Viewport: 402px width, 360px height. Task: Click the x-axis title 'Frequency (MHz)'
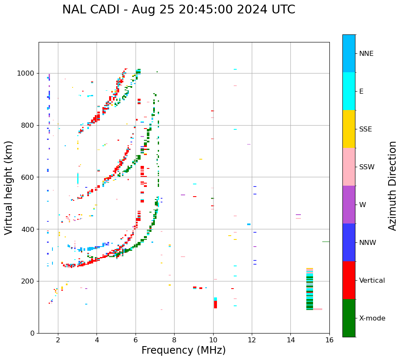(183, 350)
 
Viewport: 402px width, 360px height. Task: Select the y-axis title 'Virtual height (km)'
(9, 188)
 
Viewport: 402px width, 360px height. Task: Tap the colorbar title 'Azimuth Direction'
(392, 186)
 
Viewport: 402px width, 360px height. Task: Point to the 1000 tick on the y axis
(27, 73)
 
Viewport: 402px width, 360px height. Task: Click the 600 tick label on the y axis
(29, 177)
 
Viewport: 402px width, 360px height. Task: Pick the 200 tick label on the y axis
(29, 281)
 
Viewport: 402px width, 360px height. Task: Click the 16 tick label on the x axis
(329, 340)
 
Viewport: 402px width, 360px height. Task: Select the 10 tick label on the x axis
(213, 340)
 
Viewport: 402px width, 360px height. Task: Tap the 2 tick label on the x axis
(58, 340)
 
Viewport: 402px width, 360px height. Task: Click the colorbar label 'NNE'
(366, 54)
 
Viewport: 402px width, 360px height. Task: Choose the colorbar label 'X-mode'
(372, 318)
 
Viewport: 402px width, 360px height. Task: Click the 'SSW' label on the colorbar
(367, 167)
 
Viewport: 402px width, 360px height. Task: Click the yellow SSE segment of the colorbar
(349, 129)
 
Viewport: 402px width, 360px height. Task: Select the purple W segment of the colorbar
(349, 205)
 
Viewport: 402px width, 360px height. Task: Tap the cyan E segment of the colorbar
(349, 91)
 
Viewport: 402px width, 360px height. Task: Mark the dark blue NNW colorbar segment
(349, 242)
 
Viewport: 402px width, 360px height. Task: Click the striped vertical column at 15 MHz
(310, 289)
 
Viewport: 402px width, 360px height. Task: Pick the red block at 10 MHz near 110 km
(215, 305)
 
